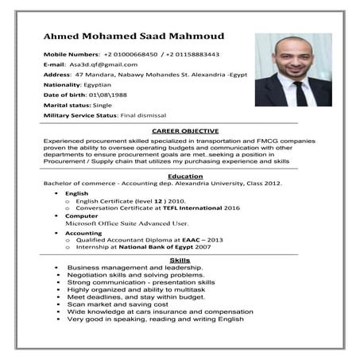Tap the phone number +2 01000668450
[x=130, y=54]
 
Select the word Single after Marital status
[x=101, y=106]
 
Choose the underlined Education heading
[x=185, y=176]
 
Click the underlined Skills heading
[x=180, y=261]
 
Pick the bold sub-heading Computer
[x=82, y=215]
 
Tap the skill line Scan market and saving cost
[x=118, y=304]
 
